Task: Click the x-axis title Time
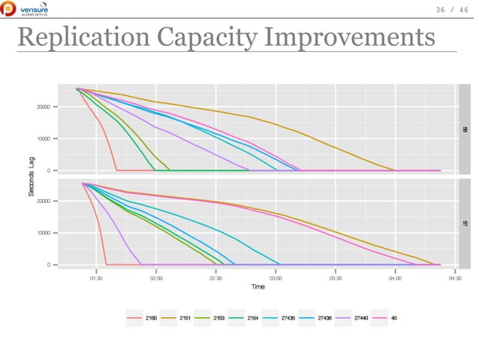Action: point(258,286)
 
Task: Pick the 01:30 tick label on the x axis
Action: point(96,277)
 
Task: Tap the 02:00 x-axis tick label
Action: point(155,277)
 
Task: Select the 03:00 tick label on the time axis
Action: point(275,277)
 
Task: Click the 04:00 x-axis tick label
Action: point(395,277)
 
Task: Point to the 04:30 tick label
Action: point(453,277)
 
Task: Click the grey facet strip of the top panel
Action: point(465,129)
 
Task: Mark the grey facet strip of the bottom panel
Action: point(465,223)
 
